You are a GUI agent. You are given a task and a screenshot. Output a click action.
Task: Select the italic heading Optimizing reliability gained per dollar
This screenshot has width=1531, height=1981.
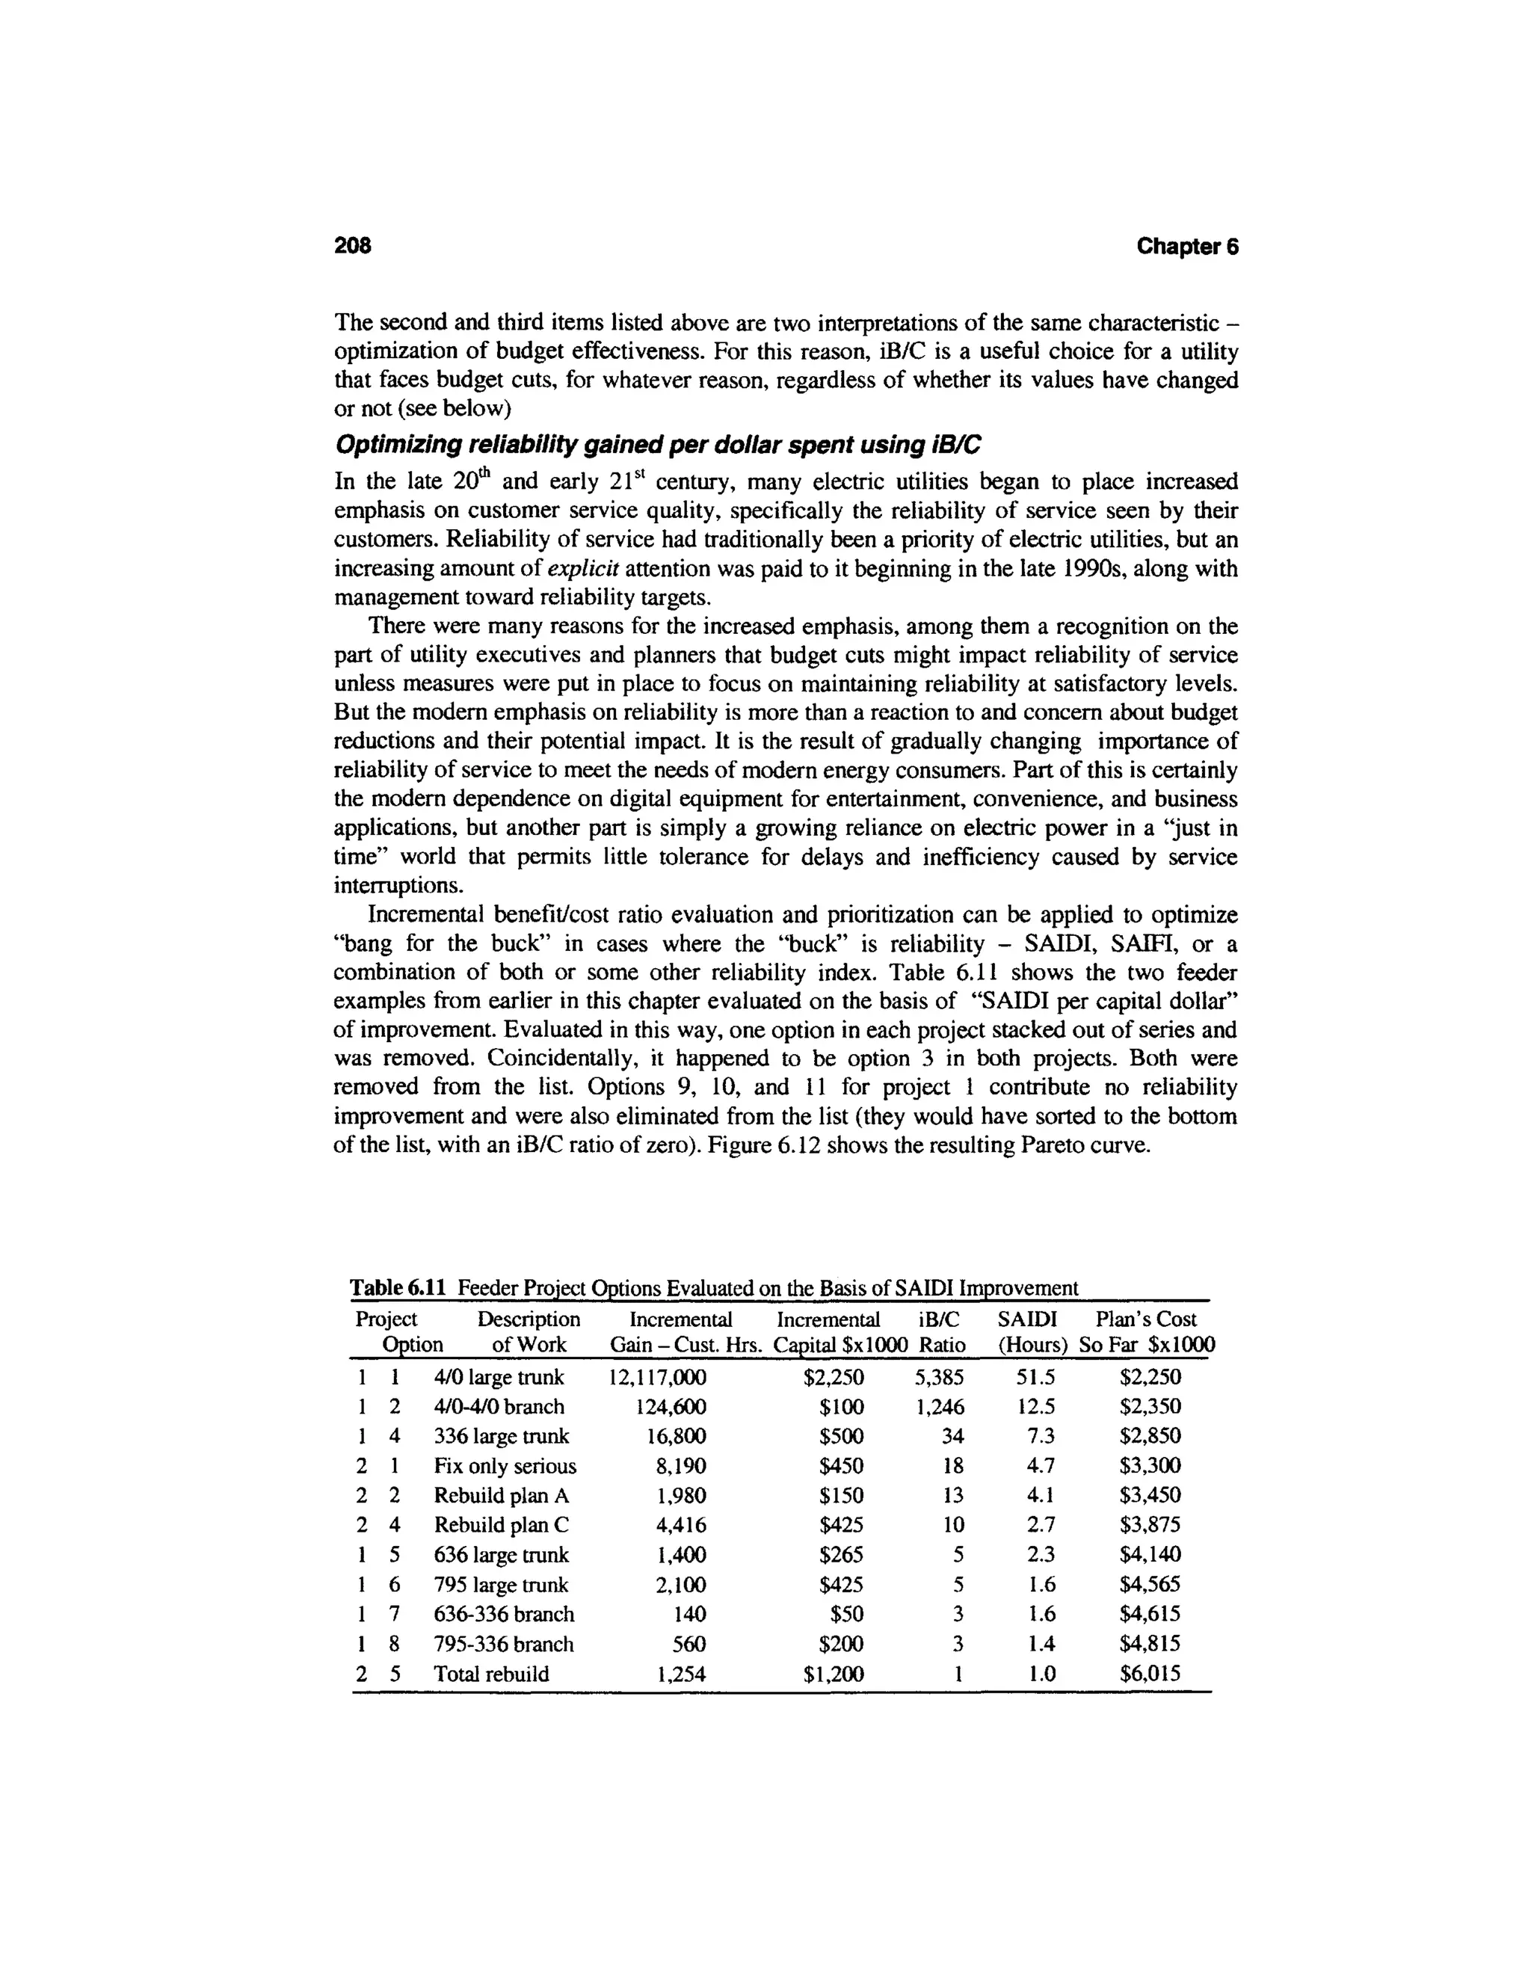pyautogui.click(x=658, y=446)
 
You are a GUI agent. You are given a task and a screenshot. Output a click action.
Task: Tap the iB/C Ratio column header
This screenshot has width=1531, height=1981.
pyautogui.click(x=940, y=1331)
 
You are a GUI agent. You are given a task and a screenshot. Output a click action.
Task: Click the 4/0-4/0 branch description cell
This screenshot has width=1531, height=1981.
pyautogui.click(x=499, y=1407)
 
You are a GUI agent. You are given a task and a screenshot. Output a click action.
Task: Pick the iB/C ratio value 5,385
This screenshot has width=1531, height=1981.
pyautogui.click(x=939, y=1377)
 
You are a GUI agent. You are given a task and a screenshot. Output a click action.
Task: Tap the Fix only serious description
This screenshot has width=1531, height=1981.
pyautogui.click(x=505, y=1466)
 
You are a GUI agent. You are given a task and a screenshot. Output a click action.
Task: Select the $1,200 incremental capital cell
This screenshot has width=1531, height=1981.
pyautogui.click(x=834, y=1674)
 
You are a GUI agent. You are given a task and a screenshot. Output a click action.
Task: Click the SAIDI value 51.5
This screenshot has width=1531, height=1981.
pyautogui.click(x=1035, y=1377)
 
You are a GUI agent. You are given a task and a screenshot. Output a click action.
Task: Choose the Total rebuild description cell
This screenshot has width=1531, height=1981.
pyautogui.click(x=492, y=1674)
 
